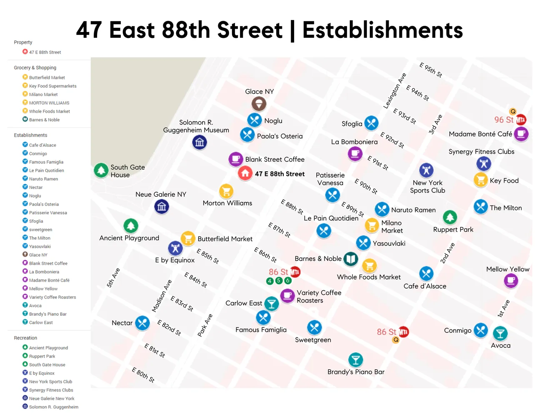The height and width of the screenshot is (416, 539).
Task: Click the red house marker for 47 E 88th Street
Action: coord(245,173)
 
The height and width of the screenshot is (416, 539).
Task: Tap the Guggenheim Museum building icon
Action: coord(200,143)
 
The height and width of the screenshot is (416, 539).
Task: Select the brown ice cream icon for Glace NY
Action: coord(259,104)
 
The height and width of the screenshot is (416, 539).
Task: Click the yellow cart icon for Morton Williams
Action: coord(226,191)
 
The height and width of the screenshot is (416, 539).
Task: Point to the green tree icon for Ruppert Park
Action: coord(449,217)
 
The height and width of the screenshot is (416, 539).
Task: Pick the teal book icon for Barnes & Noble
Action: coord(351,259)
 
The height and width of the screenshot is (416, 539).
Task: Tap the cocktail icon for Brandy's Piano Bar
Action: coord(355,359)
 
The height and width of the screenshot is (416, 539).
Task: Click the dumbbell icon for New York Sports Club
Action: coord(426,170)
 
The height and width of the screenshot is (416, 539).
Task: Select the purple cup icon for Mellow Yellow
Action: coord(511,281)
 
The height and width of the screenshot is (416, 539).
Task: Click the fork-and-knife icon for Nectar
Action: coord(142,323)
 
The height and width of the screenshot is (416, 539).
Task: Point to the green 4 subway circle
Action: coord(270,281)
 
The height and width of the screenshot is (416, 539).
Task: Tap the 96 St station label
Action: coord(504,120)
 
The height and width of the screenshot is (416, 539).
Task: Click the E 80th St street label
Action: coord(143,375)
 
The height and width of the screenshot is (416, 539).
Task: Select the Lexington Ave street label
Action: coord(394,91)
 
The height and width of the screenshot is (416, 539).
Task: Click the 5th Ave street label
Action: coord(113,278)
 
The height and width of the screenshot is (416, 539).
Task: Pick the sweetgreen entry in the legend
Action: coord(40,230)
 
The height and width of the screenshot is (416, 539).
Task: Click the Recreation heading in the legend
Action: coord(25,338)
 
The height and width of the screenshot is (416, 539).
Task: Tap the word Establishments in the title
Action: coord(382,30)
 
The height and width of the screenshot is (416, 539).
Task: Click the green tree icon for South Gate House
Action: coord(101,170)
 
